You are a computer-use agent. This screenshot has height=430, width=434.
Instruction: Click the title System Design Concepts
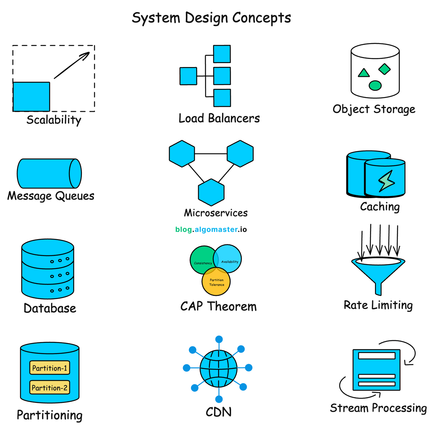click(211, 18)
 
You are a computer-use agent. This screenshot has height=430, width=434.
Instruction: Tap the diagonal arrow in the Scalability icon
click(72, 65)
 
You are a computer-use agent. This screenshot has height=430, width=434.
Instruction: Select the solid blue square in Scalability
click(31, 97)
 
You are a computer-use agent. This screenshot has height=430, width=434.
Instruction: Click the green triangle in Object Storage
click(363, 73)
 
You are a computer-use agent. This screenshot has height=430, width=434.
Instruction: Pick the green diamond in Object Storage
click(384, 69)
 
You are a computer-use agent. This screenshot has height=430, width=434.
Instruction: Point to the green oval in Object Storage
click(375, 85)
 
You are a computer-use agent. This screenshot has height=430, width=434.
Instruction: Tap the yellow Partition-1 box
click(50, 368)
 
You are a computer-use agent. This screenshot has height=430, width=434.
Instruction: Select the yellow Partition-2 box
click(50, 388)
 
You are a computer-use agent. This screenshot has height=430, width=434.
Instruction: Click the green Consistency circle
click(201, 260)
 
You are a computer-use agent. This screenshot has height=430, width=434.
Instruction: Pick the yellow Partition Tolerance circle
click(216, 283)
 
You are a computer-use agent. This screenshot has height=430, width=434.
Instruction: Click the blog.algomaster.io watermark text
click(211, 229)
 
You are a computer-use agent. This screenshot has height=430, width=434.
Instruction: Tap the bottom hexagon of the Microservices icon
click(211, 192)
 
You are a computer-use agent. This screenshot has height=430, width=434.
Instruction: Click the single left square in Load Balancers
click(188, 76)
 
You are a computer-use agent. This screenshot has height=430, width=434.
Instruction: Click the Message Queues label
click(51, 196)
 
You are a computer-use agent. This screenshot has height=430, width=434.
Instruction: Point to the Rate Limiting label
click(378, 305)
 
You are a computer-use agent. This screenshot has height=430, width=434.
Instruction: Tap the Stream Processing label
click(378, 408)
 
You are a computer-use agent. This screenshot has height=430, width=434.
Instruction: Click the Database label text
click(50, 308)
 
